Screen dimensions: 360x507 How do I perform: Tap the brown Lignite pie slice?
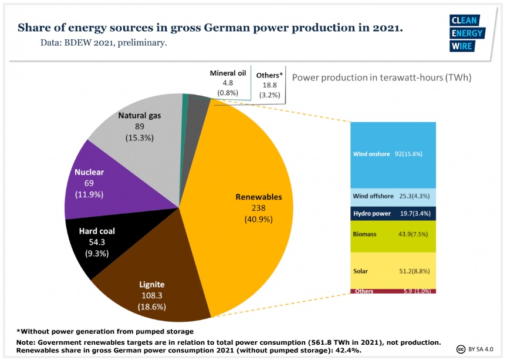[x=153, y=282]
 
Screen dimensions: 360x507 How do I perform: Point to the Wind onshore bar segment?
[x=393, y=154]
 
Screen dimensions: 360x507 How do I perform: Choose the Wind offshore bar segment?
[x=393, y=196]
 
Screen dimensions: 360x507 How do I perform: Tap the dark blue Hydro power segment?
[x=393, y=213]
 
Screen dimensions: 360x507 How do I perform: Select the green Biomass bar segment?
[x=393, y=234]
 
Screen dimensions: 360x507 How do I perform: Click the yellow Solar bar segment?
[x=393, y=270]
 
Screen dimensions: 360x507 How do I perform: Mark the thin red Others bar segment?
[x=393, y=291]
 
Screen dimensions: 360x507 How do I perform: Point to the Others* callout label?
[x=270, y=85]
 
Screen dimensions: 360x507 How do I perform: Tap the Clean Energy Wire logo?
[x=468, y=33]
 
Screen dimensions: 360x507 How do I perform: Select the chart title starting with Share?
[x=210, y=28]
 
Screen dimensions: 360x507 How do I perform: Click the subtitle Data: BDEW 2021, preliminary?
[x=104, y=43]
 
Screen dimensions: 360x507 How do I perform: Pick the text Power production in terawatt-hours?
[x=381, y=78]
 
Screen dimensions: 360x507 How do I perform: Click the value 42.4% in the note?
[x=350, y=350]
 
